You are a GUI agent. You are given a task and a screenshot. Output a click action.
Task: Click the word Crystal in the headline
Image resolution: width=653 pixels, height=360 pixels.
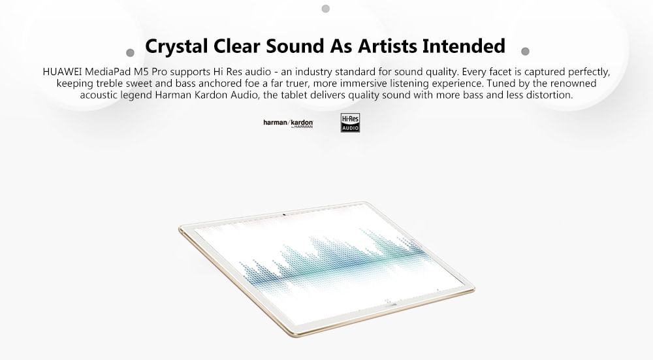(176, 46)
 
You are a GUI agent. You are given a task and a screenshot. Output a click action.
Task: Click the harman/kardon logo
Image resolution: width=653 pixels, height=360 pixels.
(288, 123)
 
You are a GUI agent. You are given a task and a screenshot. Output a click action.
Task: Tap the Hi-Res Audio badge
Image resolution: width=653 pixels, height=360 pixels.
(350, 123)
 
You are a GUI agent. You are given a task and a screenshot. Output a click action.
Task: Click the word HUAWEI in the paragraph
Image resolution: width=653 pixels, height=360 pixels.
(62, 72)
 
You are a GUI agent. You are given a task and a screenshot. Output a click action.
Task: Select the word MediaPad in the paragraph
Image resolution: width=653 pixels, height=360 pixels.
(108, 72)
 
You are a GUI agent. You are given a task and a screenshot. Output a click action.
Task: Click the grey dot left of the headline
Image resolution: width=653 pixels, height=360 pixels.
(130, 53)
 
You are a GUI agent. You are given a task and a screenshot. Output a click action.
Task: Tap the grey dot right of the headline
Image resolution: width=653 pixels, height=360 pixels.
(525, 51)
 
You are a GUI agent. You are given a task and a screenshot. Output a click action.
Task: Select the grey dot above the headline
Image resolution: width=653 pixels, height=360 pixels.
(326, 8)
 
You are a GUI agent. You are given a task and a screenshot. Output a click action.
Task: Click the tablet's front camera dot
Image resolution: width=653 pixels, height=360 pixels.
(284, 215)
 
